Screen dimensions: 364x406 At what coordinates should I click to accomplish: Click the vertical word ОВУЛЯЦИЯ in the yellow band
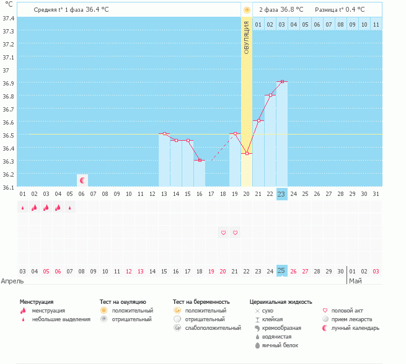coord(247,40)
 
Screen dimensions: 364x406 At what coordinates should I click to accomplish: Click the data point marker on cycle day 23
coord(282,81)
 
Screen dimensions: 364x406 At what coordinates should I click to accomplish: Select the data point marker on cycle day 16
coord(200,161)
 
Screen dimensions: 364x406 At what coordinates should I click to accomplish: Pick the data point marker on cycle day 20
coord(247,153)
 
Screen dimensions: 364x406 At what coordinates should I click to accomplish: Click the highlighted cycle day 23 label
coord(282,194)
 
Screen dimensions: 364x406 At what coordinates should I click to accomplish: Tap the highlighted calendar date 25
coord(282,271)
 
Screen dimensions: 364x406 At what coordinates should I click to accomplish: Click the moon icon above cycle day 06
coord(82,180)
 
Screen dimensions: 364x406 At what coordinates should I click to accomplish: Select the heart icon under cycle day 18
coord(223,233)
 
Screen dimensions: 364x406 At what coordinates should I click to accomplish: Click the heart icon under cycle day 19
coord(235,233)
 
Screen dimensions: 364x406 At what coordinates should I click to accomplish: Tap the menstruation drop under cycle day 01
coord(23,208)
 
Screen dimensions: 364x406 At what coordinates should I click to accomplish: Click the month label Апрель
coord(12,281)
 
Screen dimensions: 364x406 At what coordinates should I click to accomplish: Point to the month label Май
coord(355,281)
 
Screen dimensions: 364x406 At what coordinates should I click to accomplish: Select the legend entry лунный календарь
coord(355,327)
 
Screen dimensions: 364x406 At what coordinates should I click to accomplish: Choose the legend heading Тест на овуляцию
coord(123,301)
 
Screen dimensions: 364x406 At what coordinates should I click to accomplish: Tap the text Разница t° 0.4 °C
coord(340,10)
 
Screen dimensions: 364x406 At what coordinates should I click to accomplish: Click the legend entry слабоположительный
coord(213,327)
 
